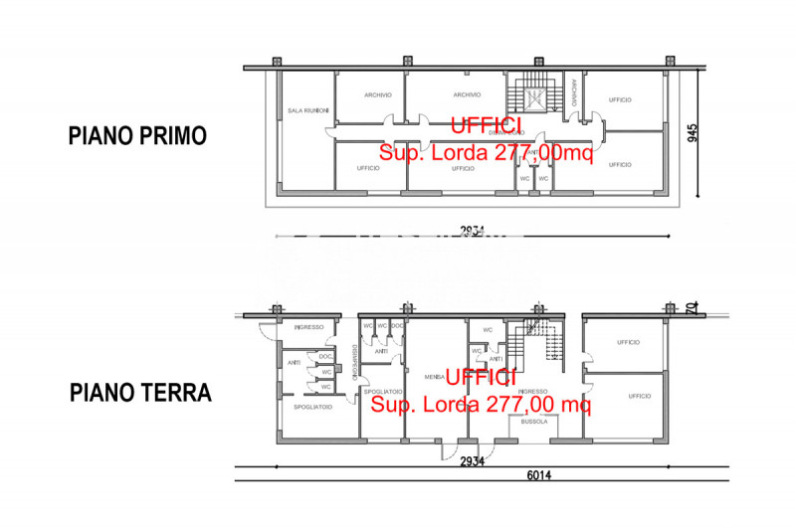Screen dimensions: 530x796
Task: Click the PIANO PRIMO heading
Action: (x=137, y=136)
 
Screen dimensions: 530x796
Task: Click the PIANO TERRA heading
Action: (x=140, y=393)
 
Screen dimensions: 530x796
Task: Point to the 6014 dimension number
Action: (x=539, y=475)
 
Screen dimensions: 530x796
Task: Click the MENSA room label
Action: (x=433, y=377)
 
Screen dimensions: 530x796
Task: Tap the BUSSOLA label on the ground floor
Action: (x=534, y=422)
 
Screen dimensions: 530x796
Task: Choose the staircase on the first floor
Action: (x=534, y=97)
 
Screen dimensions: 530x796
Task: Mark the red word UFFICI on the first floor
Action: (x=485, y=126)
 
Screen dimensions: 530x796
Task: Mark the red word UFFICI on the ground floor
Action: (x=481, y=378)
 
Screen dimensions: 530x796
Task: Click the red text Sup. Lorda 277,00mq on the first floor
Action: (x=486, y=152)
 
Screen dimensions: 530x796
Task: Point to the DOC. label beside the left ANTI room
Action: (x=324, y=356)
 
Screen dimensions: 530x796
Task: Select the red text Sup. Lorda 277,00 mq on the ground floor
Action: (x=482, y=404)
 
